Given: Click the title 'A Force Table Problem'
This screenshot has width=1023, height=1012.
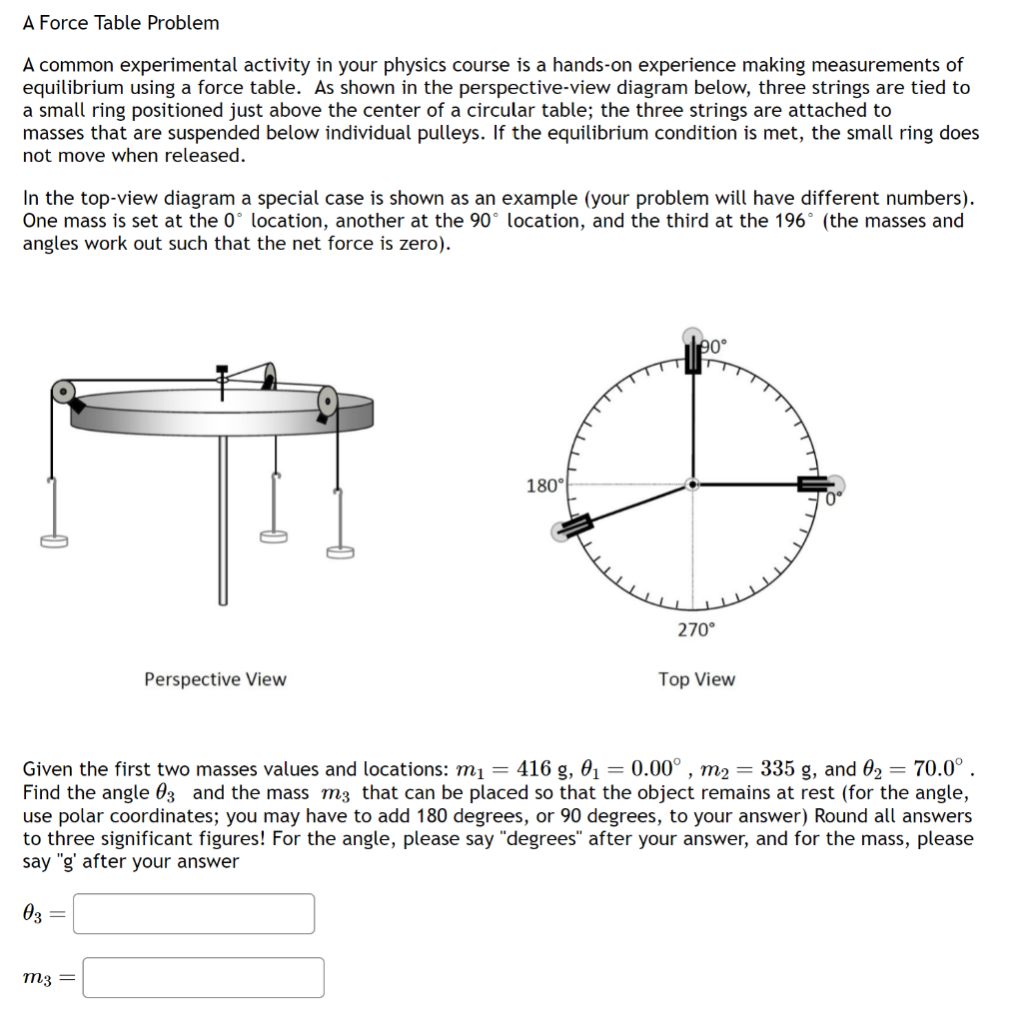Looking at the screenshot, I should pyautogui.click(x=121, y=22).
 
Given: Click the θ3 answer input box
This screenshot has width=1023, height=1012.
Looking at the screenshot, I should pyautogui.click(x=194, y=913).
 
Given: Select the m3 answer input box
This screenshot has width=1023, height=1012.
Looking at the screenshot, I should pyautogui.click(x=203, y=977).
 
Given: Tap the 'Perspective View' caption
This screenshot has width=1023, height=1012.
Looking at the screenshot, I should pyautogui.click(x=215, y=679).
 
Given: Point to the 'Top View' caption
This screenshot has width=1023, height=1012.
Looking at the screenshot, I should pyautogui.click(x=696, y=679).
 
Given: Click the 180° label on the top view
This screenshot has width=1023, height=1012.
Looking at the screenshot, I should pyautogui.click(x=544, y=487).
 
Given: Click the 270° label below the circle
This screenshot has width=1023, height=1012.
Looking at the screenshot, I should pyautogui.click(x=696, y=629).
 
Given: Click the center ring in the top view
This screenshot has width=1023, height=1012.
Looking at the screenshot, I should pyautogui.click(x=691, y=485).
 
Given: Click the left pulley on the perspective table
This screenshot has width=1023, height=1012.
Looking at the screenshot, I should pyautogui.click(x=63, y=391).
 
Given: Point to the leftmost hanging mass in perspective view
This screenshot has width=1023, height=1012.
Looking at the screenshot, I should pyautogui.click(x=54, y=540).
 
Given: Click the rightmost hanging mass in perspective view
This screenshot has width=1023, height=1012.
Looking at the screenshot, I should pyautogui.click(x=340, y=550).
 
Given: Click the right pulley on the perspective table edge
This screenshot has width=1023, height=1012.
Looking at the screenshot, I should pyautogui.click(x=327, y=403).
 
